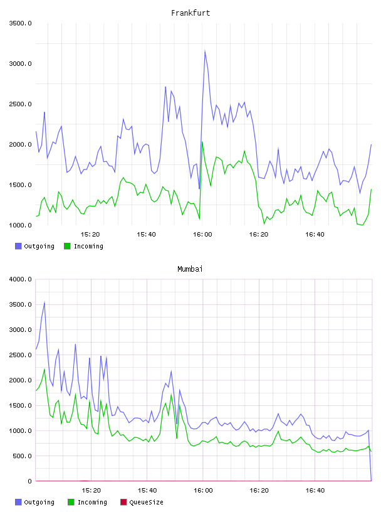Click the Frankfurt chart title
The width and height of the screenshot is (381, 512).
pos(190,13)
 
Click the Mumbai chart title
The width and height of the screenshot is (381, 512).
pos(190,269)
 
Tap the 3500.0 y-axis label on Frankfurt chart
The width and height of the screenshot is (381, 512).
pos(20,23)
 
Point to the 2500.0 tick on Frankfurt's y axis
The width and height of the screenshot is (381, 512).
pos(20,104)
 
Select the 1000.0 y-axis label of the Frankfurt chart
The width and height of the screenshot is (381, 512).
pos(20,225)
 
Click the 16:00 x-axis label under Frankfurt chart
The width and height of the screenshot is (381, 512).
pos(202,235)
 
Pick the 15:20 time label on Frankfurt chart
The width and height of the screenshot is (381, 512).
pos(90,235)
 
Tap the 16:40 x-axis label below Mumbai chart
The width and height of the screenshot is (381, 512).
pos(315,491)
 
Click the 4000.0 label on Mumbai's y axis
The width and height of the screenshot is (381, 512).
pos(20,279)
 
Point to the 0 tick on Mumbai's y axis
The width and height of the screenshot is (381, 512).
pos(29,481)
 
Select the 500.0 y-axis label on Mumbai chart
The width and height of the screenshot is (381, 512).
pos(22,456)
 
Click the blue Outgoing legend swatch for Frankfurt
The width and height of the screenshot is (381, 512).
pos(18,246)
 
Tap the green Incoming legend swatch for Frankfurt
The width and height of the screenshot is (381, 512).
pos(67,246)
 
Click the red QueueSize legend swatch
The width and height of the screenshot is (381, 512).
pos(123,502)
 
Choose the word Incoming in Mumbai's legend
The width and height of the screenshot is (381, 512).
pos(92,502)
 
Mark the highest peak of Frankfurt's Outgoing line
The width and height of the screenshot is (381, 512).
pos(205,51)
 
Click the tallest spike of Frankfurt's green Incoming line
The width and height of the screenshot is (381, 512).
pos(202,142)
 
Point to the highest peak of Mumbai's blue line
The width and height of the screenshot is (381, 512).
pos(44,302)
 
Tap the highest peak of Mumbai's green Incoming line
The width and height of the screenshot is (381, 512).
pos(44,370)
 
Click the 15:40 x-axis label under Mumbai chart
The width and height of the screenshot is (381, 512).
pos(147,491)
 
